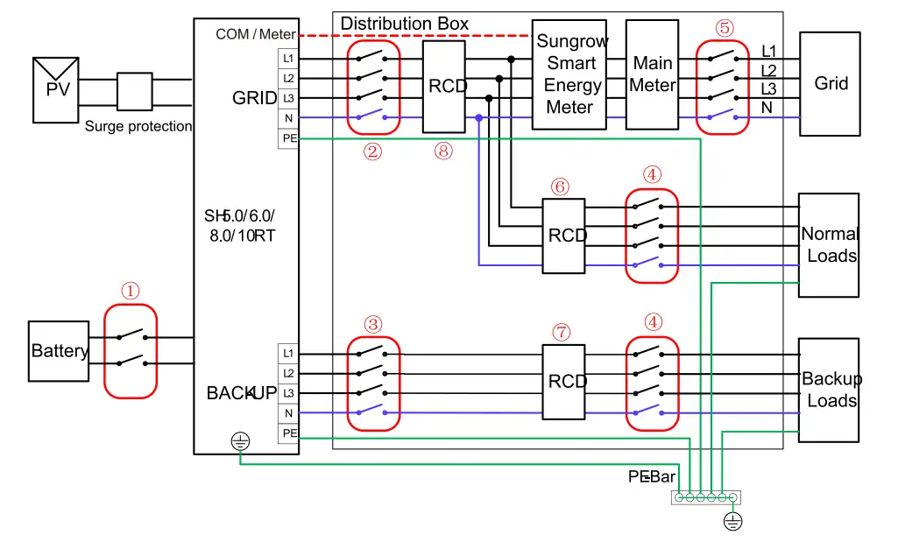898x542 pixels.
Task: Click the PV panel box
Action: pyautogui.click(x=56, y=90)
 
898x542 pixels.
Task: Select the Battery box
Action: pyautogui.click(x=60, y=351)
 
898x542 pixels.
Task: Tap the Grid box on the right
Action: pyautogui.click(x=831, y=84)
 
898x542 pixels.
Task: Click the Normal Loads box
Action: pyautogui.click(x=828, y=245)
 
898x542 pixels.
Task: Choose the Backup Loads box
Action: pyautogui.click(x=828, y=390)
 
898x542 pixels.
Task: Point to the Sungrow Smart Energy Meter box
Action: pyautogui.click(x=569, y=74)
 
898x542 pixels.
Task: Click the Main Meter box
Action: pyautogui.click(x=653, y=74)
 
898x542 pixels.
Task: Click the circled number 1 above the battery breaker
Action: pyautogui.click(x=130, y=291)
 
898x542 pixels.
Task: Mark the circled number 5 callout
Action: pyautogui.click(x=724, y=27)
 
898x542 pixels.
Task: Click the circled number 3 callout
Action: pyautogui.click(x=373, y=324)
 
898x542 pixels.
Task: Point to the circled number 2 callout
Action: pyautogui.click(x=373, y=151)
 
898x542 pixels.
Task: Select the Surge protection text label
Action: pyautogui.click(x=138, y=126)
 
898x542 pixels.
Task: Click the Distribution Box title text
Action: pyautogui.click(x=404, y=24)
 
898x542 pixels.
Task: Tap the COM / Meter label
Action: pyautogui.click(x=255, y=34)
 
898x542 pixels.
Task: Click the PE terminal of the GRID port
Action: pyautogui.click(x=288, y=137)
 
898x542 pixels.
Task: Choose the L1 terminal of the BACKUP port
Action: pyautogui.click(x=288, y=353)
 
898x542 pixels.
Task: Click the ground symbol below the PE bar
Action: pyautogui.click(x=732, y=523)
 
